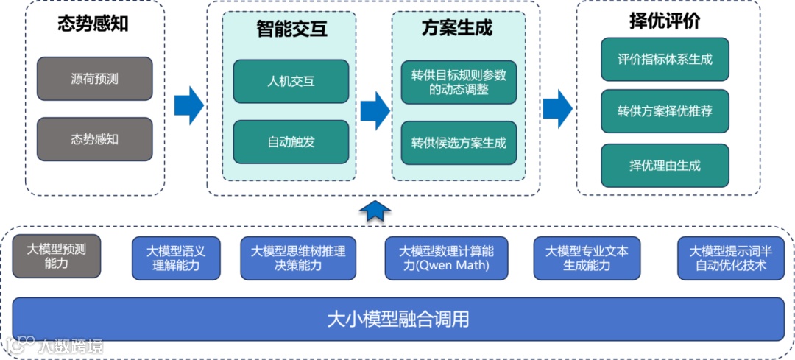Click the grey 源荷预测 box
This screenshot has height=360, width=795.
94,79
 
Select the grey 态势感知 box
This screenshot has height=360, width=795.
94,139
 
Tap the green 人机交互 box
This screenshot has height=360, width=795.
291,81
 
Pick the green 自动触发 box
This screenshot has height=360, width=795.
291,142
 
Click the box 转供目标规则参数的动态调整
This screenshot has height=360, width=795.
459,82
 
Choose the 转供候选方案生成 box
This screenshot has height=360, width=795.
459,143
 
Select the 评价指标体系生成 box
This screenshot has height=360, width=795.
665,60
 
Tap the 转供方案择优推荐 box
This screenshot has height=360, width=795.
665,112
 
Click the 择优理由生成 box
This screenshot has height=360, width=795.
665,165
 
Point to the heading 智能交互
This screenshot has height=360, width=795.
291,29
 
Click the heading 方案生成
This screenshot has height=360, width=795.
457,29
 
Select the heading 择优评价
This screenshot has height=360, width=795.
664,21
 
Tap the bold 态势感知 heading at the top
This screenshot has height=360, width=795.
93,24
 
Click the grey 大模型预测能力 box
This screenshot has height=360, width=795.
56,256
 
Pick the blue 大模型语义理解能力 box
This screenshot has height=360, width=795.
176,258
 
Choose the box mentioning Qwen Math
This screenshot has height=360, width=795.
445,258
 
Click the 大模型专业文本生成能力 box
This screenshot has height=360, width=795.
587,258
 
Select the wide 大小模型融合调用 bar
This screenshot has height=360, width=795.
398,320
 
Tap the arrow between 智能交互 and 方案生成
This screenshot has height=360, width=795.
375,110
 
